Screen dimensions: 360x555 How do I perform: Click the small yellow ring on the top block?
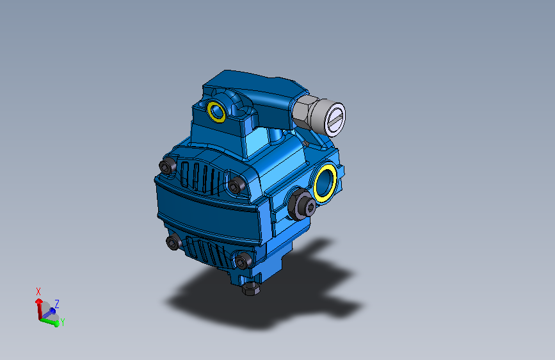[x=216, y=110]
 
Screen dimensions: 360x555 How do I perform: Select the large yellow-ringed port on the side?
[x=326, y=182]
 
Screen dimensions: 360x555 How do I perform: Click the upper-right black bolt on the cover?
[x=236, y=186]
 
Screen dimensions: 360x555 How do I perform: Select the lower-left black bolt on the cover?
[x=173, y=242]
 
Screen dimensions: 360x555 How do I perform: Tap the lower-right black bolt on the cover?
[x=242, y=261]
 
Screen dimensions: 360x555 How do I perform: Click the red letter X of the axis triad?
[x=38, y=291]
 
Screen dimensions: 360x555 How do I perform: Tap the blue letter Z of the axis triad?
[x=57, y=303]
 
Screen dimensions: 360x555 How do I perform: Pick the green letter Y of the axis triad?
[x=62, y=322]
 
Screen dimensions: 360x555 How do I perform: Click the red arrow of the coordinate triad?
[x=40, y=306]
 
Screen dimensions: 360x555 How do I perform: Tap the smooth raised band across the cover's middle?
[x=205, y=211]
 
